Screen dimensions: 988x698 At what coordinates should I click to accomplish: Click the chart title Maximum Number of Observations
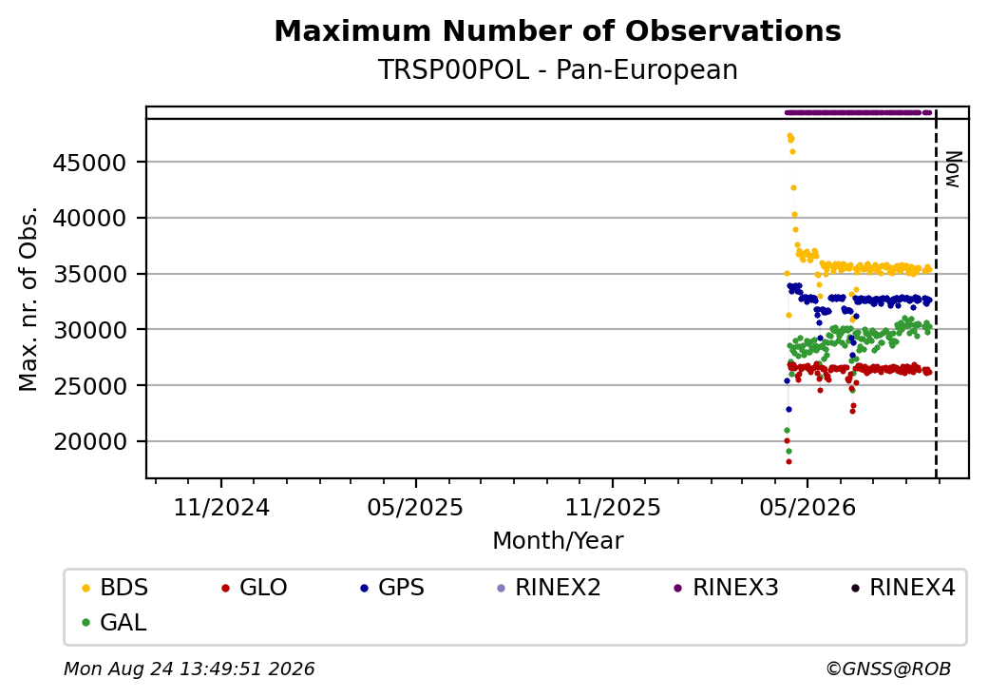(558, 30)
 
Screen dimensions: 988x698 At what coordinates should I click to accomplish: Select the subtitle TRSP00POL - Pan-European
(558, 70)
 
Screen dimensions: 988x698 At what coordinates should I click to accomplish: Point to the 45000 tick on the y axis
(90, 163)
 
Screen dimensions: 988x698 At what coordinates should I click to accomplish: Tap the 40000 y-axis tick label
(90, 218)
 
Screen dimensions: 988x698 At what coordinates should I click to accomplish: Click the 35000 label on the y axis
(90, 274)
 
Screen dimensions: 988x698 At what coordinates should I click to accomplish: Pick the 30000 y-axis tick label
(90, 330)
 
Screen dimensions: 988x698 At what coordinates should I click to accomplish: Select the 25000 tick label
(90, 386)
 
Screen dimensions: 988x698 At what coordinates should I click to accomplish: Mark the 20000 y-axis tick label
(90, 441)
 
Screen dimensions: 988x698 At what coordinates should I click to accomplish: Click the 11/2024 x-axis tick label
(221, 508)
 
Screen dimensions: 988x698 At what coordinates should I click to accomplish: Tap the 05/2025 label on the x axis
(415, 508)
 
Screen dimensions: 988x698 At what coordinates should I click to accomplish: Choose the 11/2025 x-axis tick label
(613, 508)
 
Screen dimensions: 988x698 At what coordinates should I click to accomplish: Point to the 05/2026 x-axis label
(807, 508)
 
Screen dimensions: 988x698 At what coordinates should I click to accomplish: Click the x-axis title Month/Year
(558, 541)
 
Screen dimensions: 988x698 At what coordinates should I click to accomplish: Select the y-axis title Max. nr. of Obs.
(28, 299)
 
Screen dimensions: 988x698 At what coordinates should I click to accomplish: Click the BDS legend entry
(115, 588)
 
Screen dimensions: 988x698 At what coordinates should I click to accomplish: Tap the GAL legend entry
(114, 622)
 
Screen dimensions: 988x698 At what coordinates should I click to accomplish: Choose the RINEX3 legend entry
(726, 588)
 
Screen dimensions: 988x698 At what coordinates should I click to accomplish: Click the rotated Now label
(954, 169)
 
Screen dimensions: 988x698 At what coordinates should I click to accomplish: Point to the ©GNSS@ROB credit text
(888, 669)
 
